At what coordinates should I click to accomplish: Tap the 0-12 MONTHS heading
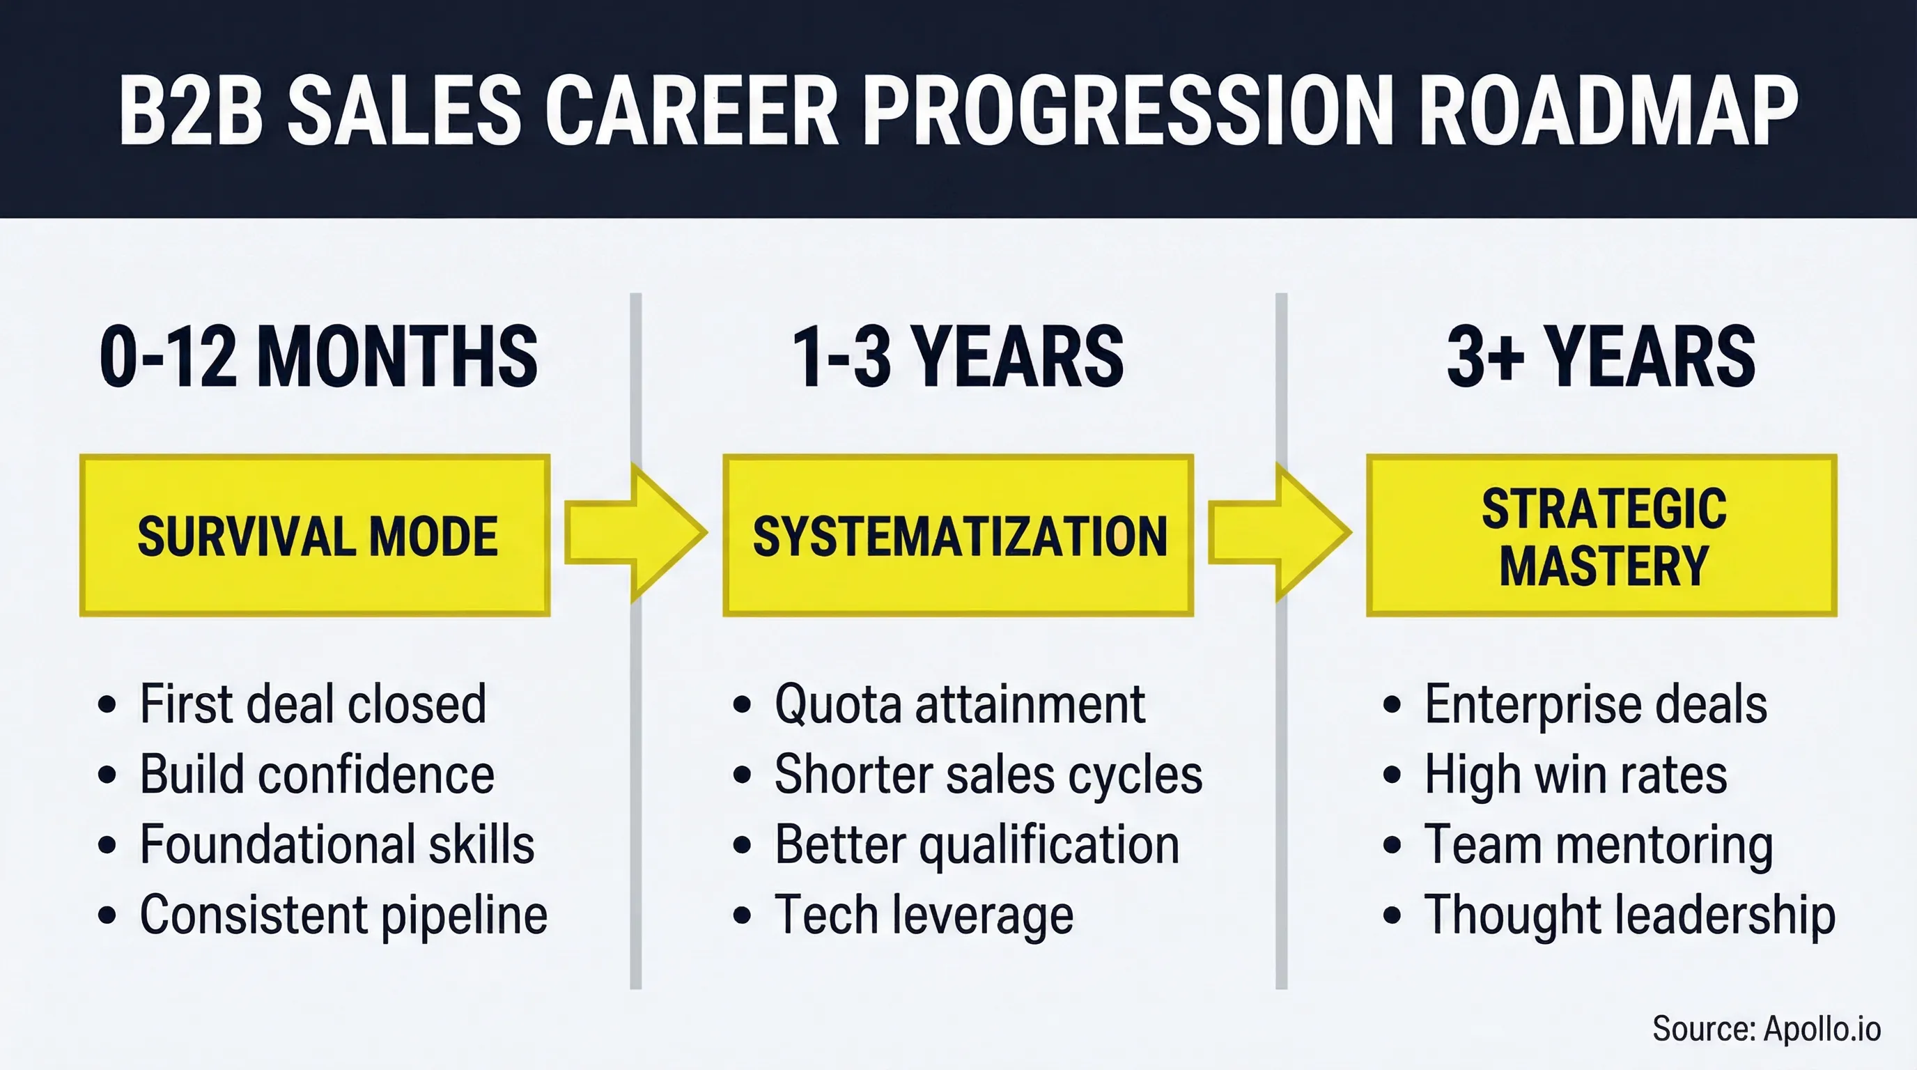click(318, 357)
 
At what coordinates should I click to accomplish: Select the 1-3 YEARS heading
click(958, 357)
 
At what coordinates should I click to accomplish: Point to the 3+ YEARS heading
click(1601, 357)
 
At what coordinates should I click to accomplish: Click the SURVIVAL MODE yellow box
click(315, 535)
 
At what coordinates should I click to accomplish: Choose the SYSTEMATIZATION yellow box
click(959, 535)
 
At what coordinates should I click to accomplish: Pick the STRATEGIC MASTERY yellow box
click(1601, 535)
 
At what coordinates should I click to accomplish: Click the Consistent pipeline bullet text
click(343, 915)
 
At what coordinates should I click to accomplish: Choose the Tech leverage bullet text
click(924, 915)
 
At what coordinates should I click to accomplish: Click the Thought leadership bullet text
click(1629, 915)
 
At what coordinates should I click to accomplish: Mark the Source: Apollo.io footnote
click(1766, 1029)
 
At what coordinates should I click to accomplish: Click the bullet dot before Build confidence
click(107, 775)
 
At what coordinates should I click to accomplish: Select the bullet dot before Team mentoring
click(1392, 845)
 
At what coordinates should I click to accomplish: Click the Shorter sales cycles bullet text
click(988, 775)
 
